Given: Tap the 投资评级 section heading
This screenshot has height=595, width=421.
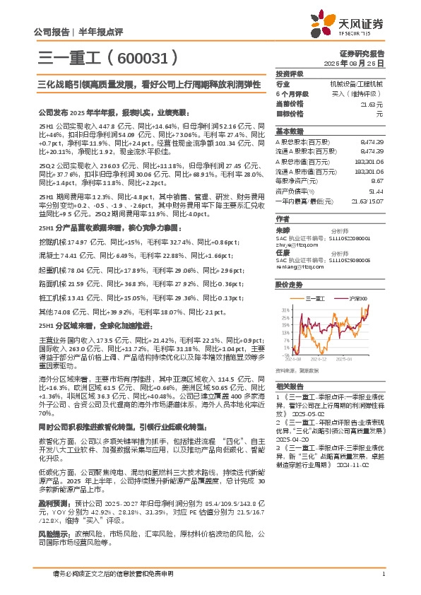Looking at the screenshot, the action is click(x=290, y=73).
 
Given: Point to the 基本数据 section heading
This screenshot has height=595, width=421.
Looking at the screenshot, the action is click(x=290, y=131).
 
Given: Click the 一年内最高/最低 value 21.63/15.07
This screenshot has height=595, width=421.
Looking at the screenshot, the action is click(x=367, y=201).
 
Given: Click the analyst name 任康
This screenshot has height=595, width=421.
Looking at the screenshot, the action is click(x=283, y=251).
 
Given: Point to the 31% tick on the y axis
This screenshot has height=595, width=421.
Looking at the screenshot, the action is click(x=285, y=310).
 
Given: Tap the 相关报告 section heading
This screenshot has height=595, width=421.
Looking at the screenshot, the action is click(x=290, y=387).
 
